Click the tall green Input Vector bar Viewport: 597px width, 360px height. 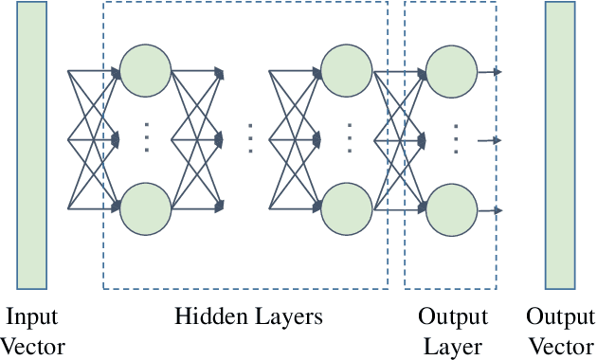[x=31, y=145]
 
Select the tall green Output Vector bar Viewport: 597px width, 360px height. [x=560, y=145]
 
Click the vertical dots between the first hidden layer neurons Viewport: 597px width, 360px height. [x=147, y=139]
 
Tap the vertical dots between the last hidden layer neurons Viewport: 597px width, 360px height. [x=349, y=139]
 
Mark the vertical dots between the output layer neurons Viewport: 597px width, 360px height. [x=455, y=139]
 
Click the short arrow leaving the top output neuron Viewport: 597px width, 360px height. [x=489, y=71]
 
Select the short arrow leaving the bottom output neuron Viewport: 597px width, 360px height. [x=489, y=210]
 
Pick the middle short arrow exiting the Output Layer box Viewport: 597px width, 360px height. [x=489, y=140]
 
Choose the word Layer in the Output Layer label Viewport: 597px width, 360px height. [x=453, y=347]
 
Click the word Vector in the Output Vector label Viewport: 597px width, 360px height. [x=560, y=347]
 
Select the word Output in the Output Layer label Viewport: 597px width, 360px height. [x=453, y=316]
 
